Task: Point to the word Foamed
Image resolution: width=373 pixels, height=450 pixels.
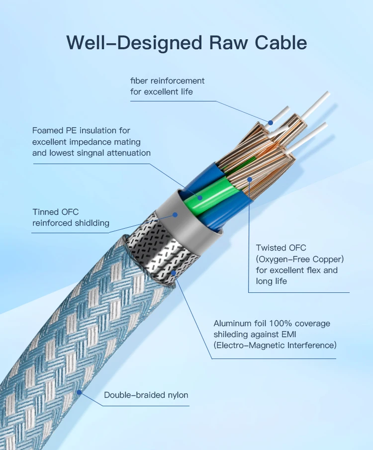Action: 48,130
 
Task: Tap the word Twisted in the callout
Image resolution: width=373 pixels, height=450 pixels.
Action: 272,248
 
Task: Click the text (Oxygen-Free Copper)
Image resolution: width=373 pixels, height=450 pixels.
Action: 300,259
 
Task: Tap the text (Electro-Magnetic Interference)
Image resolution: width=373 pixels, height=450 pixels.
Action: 275,345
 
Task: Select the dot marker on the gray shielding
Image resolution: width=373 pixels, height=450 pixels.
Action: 175,215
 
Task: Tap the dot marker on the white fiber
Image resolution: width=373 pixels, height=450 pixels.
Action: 271,122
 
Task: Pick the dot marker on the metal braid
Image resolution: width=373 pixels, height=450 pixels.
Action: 173,272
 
